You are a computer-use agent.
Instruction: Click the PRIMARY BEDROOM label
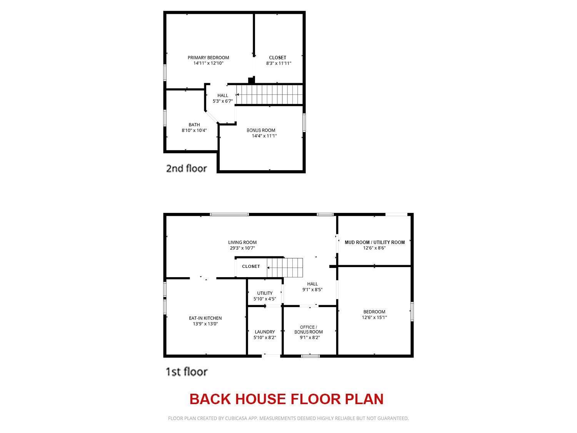[x=208, y=58]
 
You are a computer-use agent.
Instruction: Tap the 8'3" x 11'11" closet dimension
[x=278, y=64]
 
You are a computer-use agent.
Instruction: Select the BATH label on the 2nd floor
[x=194, y=125]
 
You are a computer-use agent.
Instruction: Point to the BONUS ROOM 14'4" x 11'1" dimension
[x=264, y=136]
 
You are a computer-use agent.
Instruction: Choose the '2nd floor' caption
[x=186, y=168]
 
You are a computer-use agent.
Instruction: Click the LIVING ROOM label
[x=242, y=242]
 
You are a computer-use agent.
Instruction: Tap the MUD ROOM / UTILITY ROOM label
[x=375, y=242]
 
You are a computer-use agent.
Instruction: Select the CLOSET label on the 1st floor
[x=251, y=266]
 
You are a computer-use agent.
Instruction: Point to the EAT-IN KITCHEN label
[x=205, y=318]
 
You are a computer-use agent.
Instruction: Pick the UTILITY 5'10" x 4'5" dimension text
[x=265, y=299]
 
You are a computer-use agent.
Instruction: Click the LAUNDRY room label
[x=265, y=332]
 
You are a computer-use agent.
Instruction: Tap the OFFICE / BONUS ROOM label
[x=309, y=329]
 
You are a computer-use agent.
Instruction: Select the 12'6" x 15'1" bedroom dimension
[x=374, y=318]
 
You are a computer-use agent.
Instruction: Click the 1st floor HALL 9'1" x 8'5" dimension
[x=312, y=290]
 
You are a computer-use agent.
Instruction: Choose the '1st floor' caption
[x=187, y=372]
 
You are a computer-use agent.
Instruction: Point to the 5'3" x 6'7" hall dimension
[x=223, y=101]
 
